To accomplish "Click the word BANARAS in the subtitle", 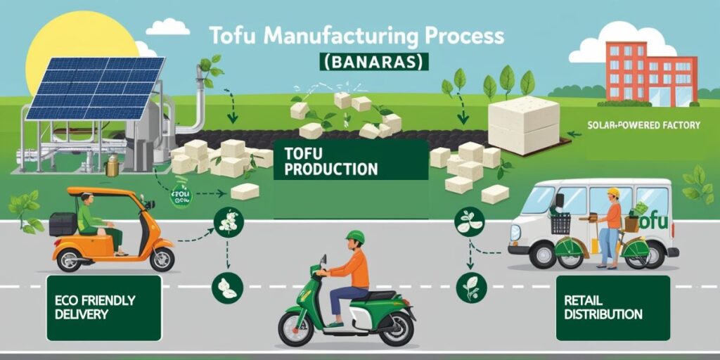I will [373, 62].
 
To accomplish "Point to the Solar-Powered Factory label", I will [643, 125].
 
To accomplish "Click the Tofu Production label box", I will [330, 162].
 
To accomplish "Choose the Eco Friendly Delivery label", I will [95, 307].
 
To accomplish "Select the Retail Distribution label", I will [603, 307].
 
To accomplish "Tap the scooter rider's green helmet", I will [356, 239].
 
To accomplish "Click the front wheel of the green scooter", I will [295, 328].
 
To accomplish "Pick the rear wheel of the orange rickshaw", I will [162, 258].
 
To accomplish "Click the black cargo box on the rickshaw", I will [63, 224].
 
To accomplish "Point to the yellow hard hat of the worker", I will [613, 193].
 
